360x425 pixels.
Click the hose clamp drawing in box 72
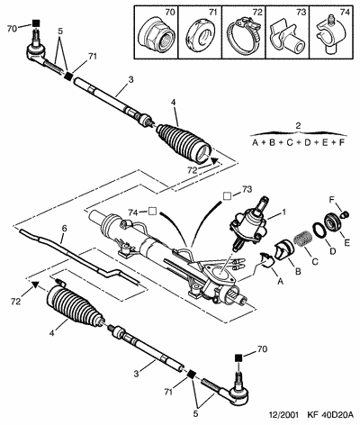(x=242, y=37)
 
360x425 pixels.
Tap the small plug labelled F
(x=346, y=214)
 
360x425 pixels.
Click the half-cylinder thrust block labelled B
(x=283, y=249)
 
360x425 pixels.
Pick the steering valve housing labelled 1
(x=248, y=222)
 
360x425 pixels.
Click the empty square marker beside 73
(x=227, y=195)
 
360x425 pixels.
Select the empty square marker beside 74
(x=152, y=212)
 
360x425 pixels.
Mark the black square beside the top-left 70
(x=36, y=23)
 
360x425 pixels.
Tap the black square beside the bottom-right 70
(x=238, y=358)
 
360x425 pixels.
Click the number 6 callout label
(x=64, y=229)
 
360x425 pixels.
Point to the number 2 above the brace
(x=298, y=126)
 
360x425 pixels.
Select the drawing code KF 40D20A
(x=328, y=415)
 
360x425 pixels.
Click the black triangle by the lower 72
(x=35, y=285)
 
